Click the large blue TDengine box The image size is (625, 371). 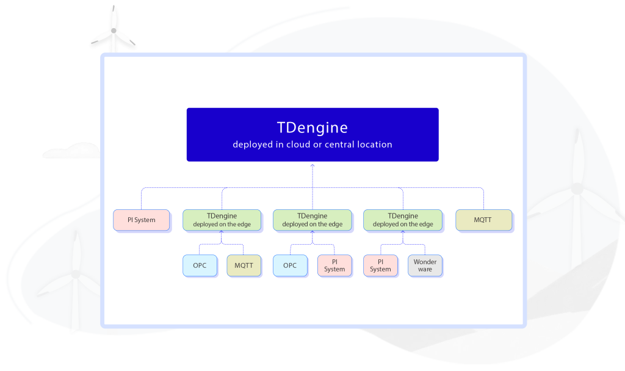coord(312,135)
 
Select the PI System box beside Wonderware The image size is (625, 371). coord(380,265)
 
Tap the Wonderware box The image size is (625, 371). coord(425,265)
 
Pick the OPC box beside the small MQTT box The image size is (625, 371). coord(200,265)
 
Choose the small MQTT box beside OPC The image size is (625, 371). coord(244,265)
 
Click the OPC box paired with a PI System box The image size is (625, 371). coord(290,265)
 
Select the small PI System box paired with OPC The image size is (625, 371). coord(334,265)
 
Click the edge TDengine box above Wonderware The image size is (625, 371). coord(403,220)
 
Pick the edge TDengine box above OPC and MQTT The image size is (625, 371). coord(222,220)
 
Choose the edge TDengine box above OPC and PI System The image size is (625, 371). coord(312,220)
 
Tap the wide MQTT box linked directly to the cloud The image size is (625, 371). coord(483,220)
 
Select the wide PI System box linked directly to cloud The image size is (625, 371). coord(142,220)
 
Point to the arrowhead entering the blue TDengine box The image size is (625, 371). coord(312,165)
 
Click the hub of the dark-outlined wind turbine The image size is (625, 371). coord(114,31)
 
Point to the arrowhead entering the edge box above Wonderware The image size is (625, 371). coord(403,233)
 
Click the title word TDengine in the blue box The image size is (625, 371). coord(312,128)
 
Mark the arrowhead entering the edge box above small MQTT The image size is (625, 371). coord(222,233)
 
